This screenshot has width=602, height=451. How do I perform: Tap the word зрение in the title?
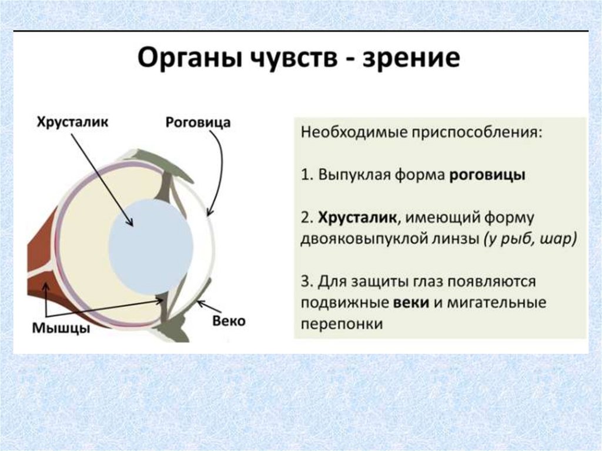tap(411, 61)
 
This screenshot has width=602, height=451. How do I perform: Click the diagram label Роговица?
tap(198, 122)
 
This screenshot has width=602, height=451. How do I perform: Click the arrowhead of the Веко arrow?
tap(199, 302)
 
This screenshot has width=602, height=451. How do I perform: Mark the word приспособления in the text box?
tap(470, 132)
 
